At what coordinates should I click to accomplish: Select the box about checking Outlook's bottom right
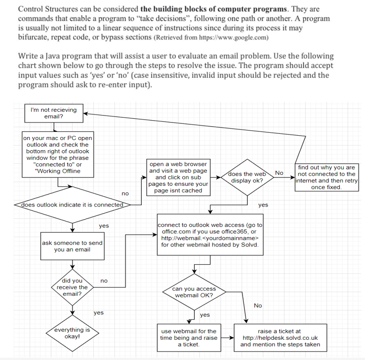click(x=58, y=154)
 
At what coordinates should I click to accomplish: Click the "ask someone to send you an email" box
click(x=72, y=246)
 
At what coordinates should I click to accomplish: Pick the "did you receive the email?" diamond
click(x=72, y=287)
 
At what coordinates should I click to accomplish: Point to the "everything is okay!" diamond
click(x=72, y=333)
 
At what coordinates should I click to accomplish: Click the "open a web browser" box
click(x=178, y=177)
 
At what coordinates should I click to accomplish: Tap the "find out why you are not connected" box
click(x=327, y=177)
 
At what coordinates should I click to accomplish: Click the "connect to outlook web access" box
click(x=210, y=235)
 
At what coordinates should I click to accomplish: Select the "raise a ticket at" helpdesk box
click(x=280, y=337)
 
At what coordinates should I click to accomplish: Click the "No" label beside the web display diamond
click(x=279, y=173)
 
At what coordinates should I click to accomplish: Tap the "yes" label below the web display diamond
click(x=263, y=205)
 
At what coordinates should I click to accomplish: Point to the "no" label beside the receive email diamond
click(x=104, y=281)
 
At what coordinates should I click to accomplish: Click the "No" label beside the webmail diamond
click(x=258, y=306)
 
